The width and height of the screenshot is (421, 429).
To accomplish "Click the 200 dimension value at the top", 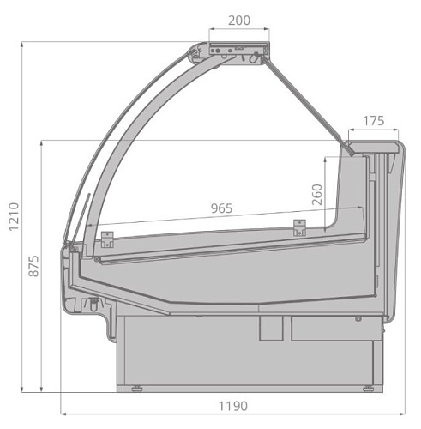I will [240, 20].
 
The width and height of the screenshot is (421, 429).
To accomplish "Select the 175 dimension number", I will [371, 121].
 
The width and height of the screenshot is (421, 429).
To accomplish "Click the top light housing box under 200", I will [238, 52].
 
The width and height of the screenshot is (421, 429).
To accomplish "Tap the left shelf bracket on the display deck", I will [107, 238].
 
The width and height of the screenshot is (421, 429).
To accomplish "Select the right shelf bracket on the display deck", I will [299, 227].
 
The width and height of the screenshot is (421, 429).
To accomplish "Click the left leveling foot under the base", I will [137, 390].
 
